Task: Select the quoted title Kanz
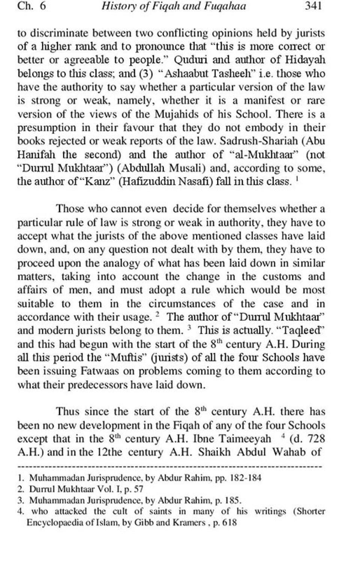click(105, 182)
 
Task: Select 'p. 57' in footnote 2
click(134, 489)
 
